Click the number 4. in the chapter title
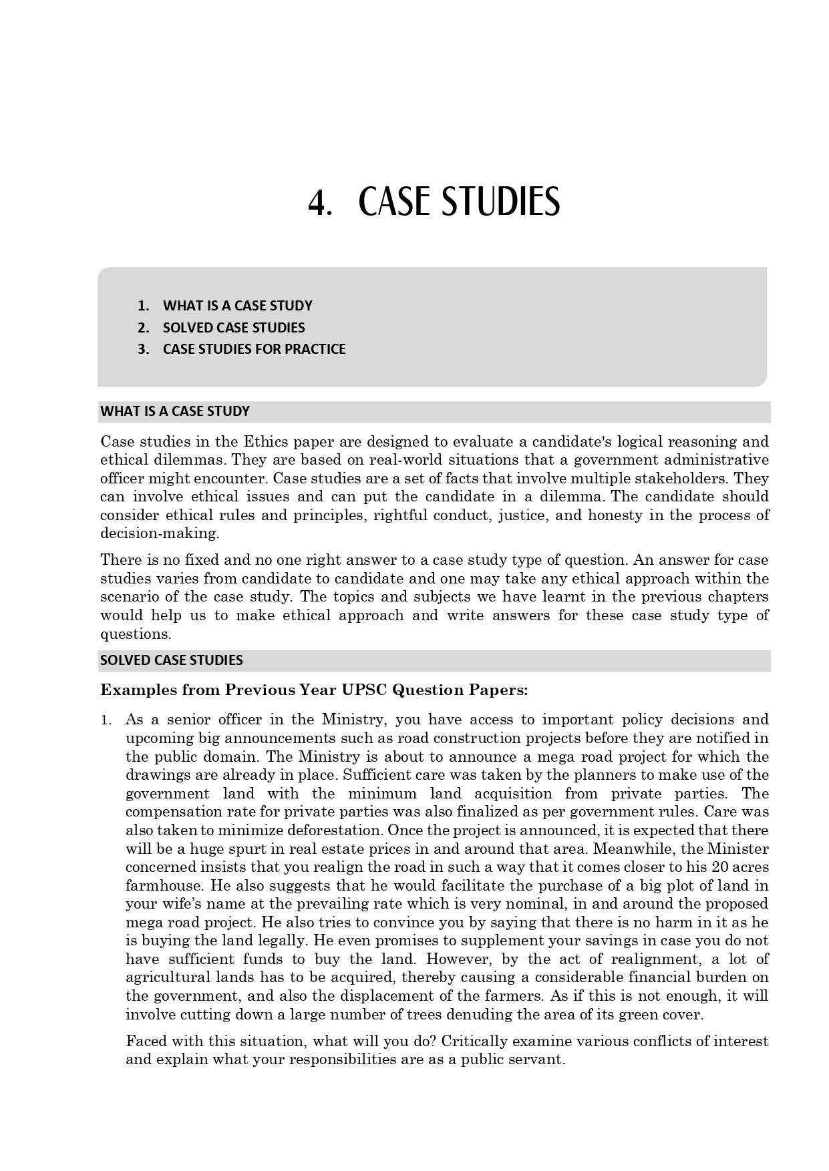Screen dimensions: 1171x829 (319, 203)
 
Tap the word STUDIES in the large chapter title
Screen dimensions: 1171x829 (500, 203)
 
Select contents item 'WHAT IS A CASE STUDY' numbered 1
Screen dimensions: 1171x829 (237, 306)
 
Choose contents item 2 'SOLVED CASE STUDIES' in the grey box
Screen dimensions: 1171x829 (234, 328)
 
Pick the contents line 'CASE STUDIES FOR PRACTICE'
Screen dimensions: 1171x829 (254, 349)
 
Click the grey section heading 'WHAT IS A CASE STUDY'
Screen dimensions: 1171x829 (175, 411)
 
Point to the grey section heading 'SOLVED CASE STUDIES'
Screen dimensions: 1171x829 (172, 660)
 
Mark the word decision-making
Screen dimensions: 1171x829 (160, 534)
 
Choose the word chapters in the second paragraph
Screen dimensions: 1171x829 (737, 597)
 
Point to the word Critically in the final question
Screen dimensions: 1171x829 (474, 1041)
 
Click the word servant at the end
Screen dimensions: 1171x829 (538, 1060)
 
